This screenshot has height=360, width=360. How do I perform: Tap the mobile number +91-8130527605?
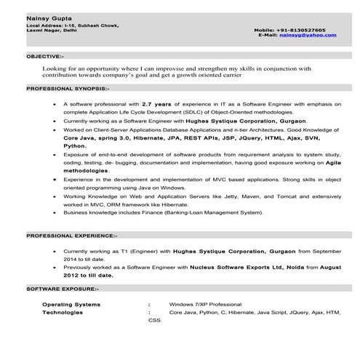point(300,30)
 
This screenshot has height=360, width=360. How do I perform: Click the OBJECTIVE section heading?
point(45,56)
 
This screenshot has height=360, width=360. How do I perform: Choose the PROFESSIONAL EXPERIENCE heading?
point(71,236)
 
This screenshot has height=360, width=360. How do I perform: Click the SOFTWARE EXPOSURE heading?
point(64,290)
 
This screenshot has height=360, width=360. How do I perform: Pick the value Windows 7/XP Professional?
point(204,303)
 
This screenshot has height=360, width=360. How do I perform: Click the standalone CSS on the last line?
point(154,320)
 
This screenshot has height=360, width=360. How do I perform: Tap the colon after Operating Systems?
point(149,303)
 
